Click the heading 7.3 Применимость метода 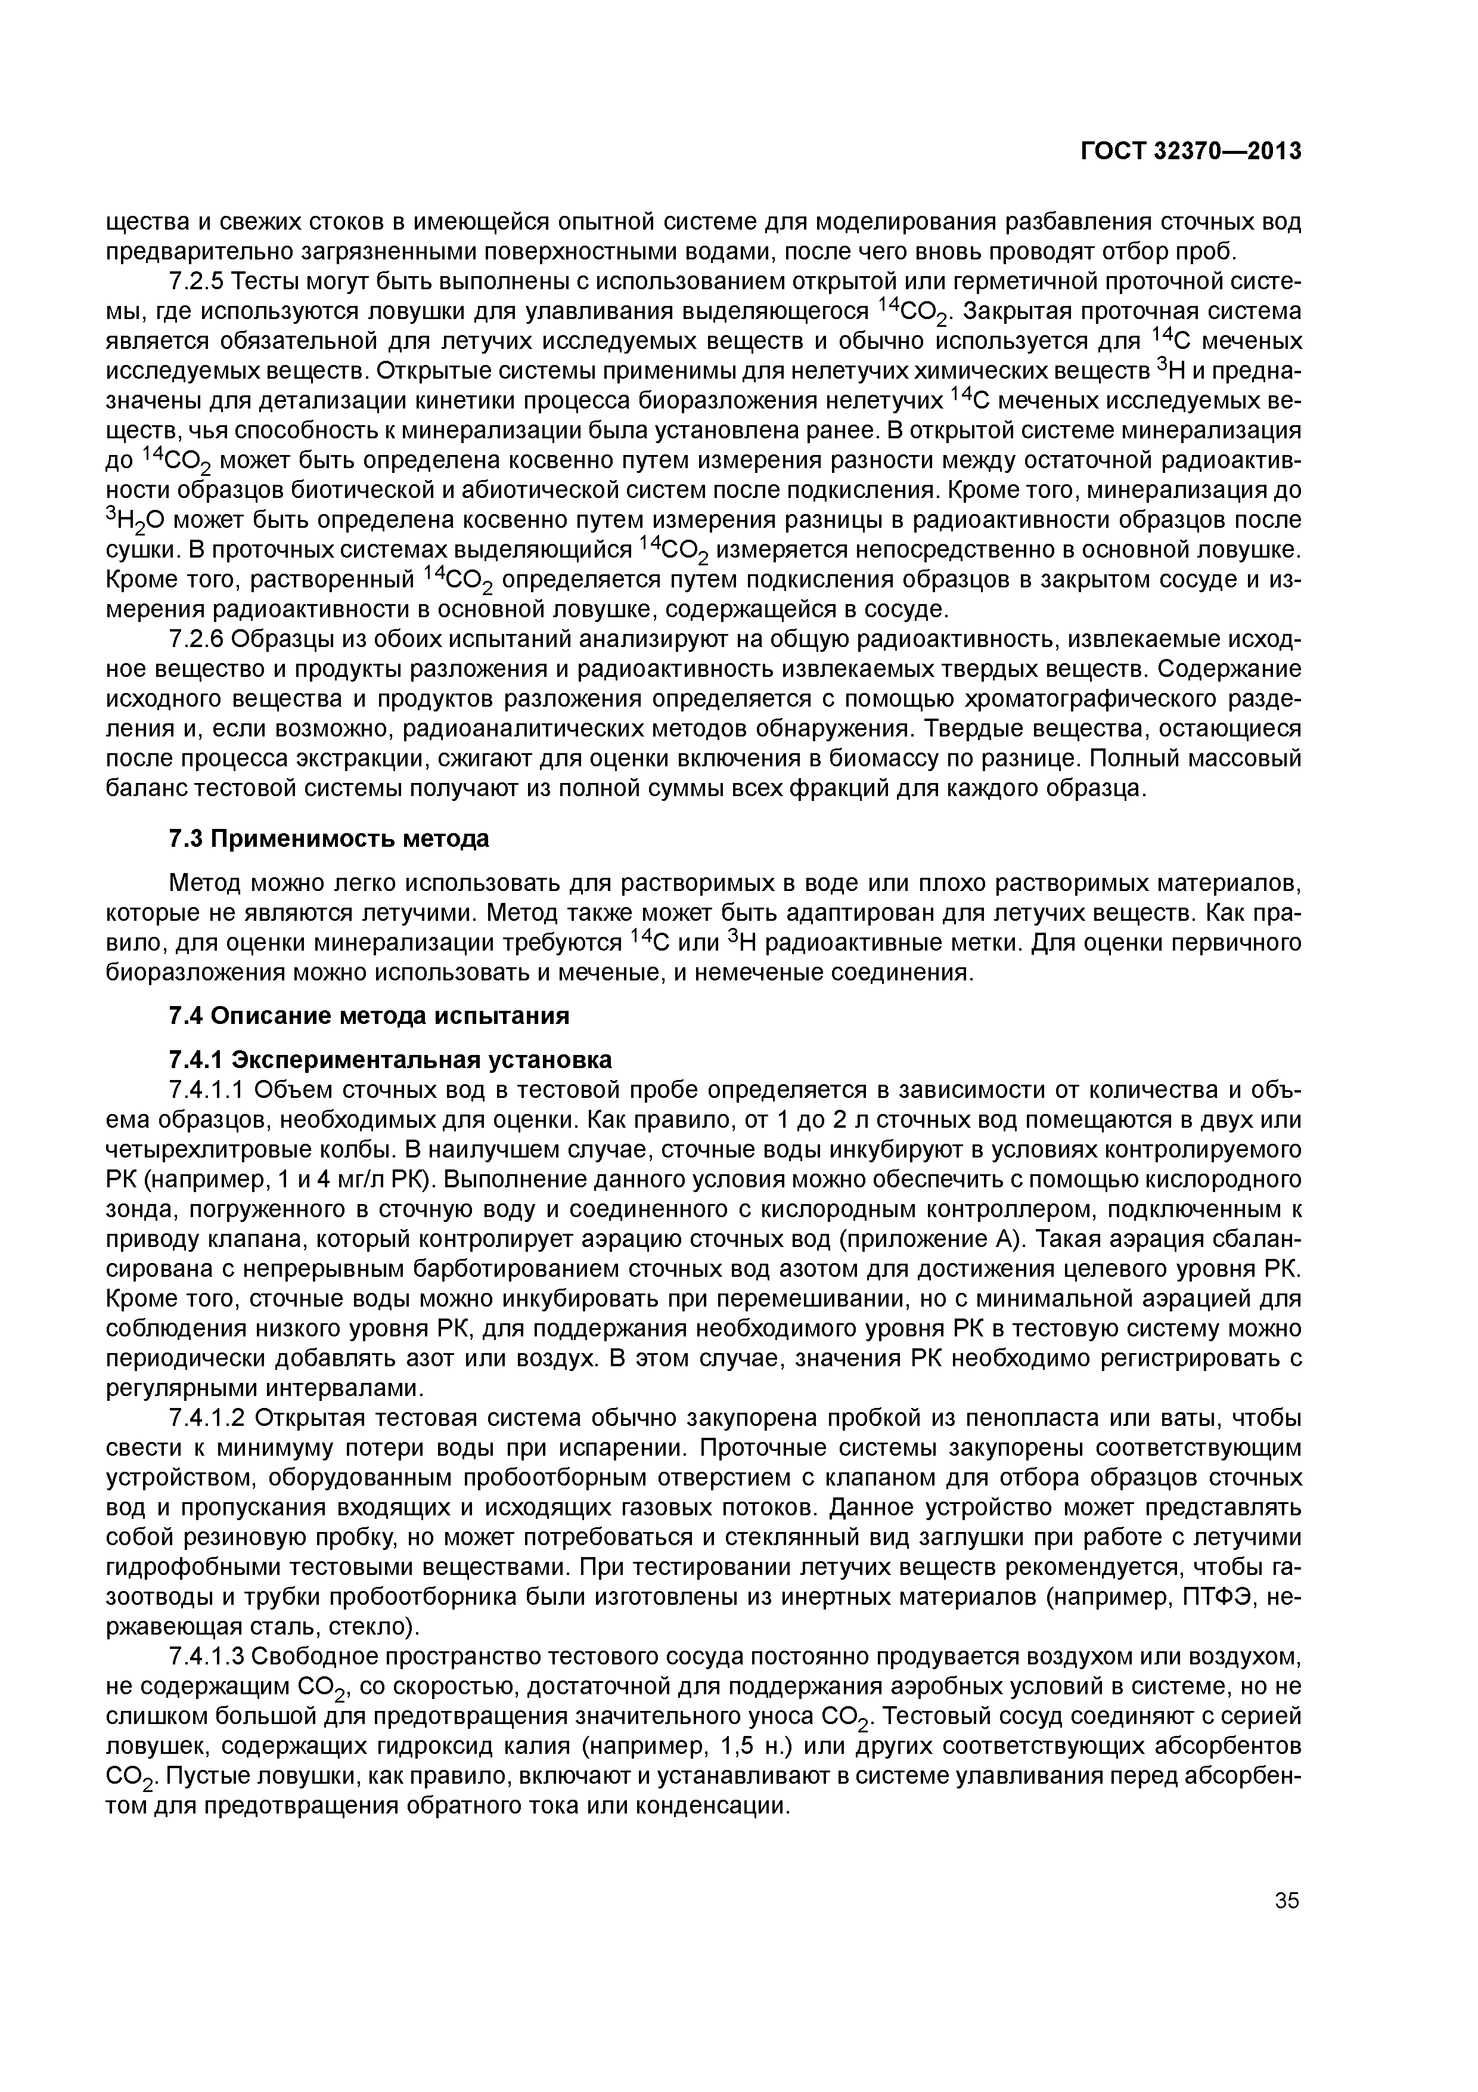329,838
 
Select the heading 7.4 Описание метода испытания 369,1015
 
